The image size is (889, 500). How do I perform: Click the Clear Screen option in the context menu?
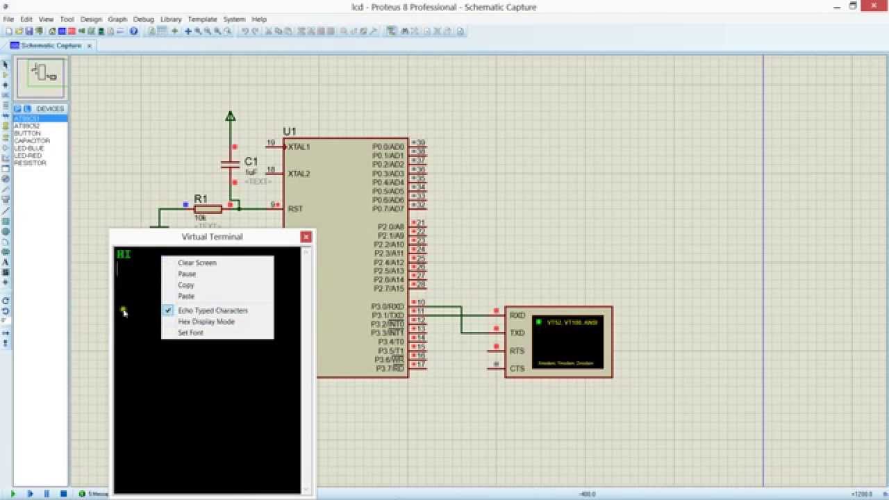click(197, 262)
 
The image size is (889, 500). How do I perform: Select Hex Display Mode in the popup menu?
click(206, 322)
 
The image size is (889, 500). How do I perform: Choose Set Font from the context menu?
click(190, 333)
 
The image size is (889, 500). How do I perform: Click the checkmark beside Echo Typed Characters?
click(168, 310)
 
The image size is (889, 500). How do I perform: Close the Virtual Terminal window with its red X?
click(306, 237)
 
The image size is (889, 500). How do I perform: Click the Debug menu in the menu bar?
click(144, 19)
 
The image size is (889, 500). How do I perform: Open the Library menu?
click(171, 19)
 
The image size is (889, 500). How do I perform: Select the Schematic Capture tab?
click(51, 45)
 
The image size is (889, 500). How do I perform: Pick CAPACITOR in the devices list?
click(32, 141)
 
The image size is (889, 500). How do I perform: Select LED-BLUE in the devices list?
click(28, 149)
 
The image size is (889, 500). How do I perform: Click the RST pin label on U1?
click(295, 208)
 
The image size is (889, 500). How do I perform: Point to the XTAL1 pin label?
click(299, 147)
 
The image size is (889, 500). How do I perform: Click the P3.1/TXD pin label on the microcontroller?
click(388, 315)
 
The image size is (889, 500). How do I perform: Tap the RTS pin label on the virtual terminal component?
click(517, 351)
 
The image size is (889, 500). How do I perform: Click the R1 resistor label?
click(201, 199)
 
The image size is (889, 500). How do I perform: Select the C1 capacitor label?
click(251, 161)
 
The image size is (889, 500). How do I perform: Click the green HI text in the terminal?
click(124, 254)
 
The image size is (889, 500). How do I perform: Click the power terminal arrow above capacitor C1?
click(231, 116)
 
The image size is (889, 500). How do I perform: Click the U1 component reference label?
click(289, 131)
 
